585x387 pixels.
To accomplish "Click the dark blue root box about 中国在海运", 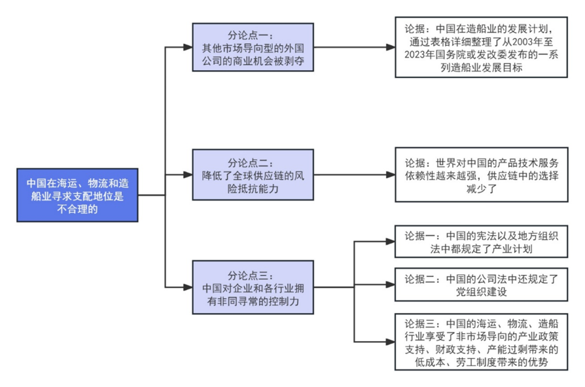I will [x=77, y=195].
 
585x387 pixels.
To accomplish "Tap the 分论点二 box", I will [x=253, y=174].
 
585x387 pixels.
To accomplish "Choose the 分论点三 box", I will [x=253, y=287].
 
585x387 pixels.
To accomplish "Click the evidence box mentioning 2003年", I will [x=481, y=47].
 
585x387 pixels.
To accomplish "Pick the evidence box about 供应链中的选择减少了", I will [x=481, y=174].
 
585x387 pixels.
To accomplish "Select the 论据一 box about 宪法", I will [x=481, y=241].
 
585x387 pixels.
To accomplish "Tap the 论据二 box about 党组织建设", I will [x=481, y=285].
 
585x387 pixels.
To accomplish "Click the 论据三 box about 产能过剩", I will [x=481, y=342].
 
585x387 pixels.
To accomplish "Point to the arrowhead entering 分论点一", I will [x=188, y=47].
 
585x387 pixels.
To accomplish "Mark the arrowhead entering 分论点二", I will [x=188, y=174].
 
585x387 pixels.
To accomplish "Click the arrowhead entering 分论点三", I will [x=188, y=287].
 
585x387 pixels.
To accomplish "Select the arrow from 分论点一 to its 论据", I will [x=355, y=47].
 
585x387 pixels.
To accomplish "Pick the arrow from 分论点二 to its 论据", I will [x=355, y=174].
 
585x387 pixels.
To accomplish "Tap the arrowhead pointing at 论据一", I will [x=391, y=241].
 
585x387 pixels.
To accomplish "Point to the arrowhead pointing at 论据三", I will [x=391, y=342].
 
